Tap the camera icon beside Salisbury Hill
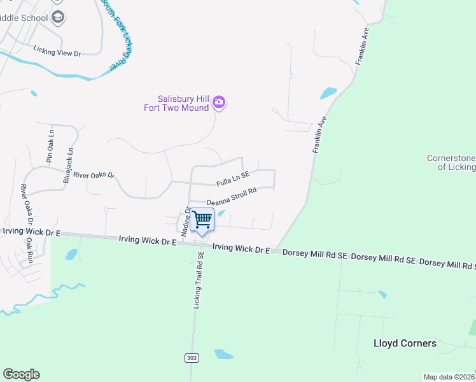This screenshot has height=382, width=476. click(220, 102)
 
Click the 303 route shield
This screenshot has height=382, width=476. click(192, 358)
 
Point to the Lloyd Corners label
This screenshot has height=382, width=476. click(405, 343)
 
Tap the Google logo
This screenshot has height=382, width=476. click(21, 374)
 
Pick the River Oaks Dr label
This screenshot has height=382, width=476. click(94, 174)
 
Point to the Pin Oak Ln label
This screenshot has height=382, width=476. click(50, 147)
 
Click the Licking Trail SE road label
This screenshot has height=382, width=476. click(199, 280)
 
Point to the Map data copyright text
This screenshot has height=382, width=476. click(449, 377)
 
